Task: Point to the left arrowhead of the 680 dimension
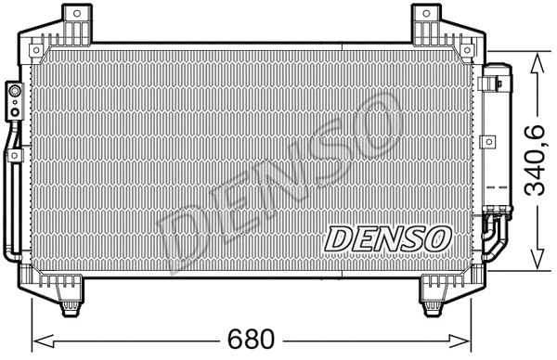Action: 38,335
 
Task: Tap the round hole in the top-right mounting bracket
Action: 426,12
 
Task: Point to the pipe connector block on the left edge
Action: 14,100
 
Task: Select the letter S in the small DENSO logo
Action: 412,238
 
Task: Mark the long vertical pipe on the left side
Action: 12,195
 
